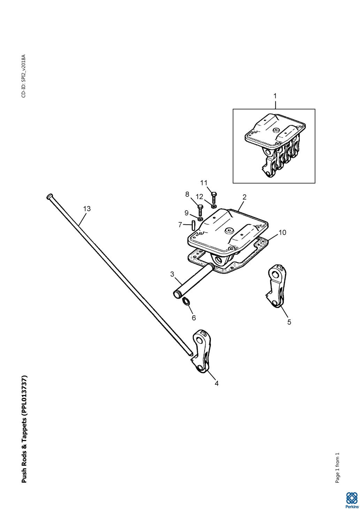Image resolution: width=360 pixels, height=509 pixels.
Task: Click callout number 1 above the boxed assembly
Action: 275,96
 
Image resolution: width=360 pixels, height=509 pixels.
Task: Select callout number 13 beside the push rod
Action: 87,209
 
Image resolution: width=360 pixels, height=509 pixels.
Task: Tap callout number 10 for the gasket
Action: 283,232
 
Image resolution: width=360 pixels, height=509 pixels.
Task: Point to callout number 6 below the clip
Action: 194,318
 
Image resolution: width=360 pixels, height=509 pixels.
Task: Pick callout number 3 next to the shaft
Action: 172,274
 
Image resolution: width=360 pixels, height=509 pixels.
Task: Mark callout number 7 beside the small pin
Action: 180,225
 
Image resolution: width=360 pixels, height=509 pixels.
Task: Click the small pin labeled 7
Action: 193,225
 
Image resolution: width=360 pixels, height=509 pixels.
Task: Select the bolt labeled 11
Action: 214,198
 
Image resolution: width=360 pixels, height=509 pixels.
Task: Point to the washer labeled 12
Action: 213,206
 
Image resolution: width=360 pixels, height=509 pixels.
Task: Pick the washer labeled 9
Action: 200,219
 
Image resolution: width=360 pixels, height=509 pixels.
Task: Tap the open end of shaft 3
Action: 176,295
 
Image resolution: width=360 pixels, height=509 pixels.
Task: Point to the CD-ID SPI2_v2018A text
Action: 24,76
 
